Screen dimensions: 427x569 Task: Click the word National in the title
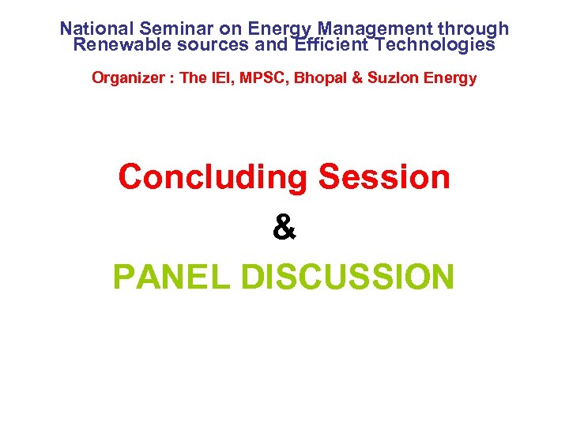click(96, 29)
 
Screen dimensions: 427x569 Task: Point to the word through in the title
click(472, 29)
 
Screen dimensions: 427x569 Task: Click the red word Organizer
click(124, 78)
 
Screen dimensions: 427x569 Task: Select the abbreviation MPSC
click(249, 78)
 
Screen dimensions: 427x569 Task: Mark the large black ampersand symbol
click(284, 228)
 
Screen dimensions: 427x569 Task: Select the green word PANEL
click(171, 278)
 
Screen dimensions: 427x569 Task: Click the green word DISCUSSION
click(348, 278)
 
